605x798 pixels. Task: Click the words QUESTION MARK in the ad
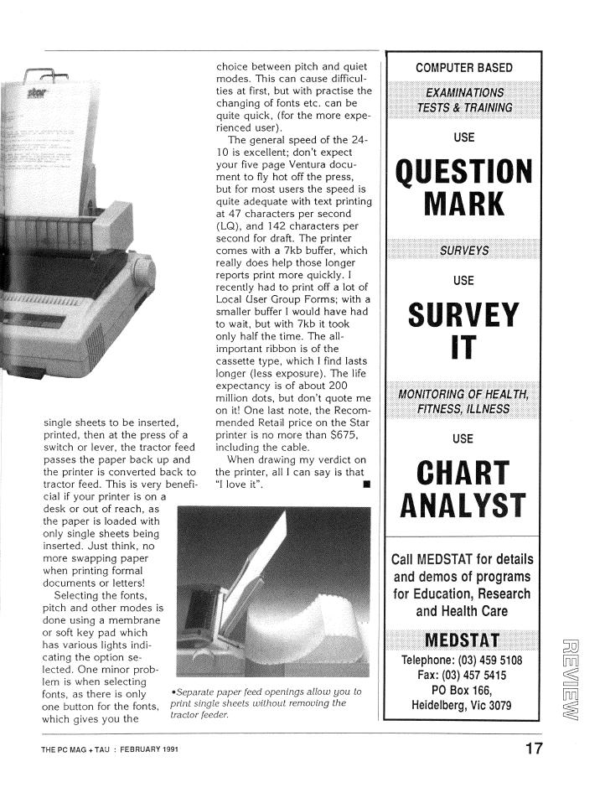(x=463, y=187)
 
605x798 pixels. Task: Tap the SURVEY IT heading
(x=463, y=330)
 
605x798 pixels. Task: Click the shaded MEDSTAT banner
(x=463, y=641)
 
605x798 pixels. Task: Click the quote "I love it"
(x=240, y=483)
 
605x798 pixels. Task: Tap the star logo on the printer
(x=36, y=89)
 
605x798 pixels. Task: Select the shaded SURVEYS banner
(x=463, y=251)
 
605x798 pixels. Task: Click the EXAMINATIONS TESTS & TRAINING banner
(x=463, y=100)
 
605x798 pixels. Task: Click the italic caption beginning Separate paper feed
(x=266, y=702)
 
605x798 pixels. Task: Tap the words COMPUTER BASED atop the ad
(x=463, y=67)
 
